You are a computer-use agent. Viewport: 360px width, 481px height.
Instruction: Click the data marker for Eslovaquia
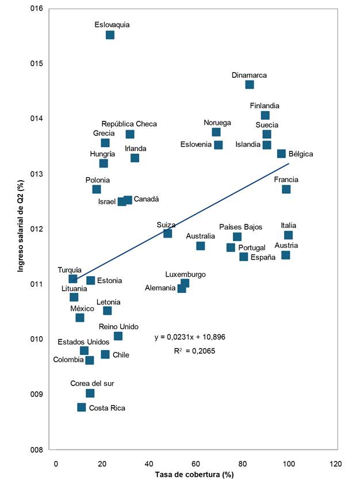(x=110, y=35)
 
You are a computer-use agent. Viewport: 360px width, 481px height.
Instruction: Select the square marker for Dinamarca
(x=250, y=85)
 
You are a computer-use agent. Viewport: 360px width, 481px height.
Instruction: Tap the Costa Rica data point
(x=82, y=407)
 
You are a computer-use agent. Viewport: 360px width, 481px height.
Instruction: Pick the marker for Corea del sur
(x=90, y=394)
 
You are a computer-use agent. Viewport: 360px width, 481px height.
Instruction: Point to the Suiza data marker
(x=167, y=234)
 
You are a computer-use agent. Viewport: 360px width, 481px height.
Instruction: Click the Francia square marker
(x=286, y=189)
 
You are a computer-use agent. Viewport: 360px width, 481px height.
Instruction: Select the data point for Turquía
(x=73, y=279)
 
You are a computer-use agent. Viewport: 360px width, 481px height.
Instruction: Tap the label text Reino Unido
(x=118, y=327)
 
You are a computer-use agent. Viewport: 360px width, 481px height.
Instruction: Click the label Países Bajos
(x=241, y=227)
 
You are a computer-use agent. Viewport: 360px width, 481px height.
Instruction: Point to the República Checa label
(x=129, y=124)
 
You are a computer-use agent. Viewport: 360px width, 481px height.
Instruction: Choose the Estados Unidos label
(x=83, y=342)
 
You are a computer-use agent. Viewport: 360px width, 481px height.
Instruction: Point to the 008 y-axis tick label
(x=39, y=449)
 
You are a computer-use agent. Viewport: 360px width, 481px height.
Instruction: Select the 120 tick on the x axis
(x=335, y=463)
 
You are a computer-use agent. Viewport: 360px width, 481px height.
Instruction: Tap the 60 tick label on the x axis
(x=196, y=463)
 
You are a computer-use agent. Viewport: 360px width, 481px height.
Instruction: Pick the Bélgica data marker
(x=281, y=154)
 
